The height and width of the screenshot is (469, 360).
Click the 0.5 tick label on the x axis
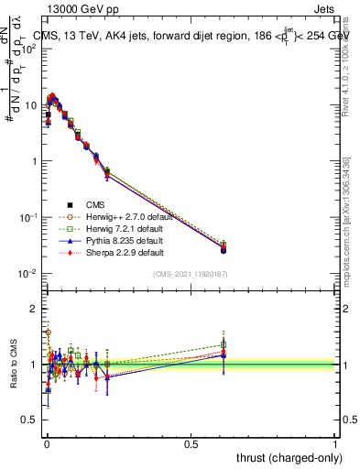[x=191, y=443]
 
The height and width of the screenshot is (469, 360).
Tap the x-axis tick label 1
[x=336, y=443]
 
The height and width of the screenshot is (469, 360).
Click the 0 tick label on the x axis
[x=46, y=443]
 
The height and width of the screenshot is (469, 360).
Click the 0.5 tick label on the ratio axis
[x=31, y=420]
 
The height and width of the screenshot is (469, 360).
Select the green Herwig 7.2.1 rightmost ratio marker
[x=224, y=345]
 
